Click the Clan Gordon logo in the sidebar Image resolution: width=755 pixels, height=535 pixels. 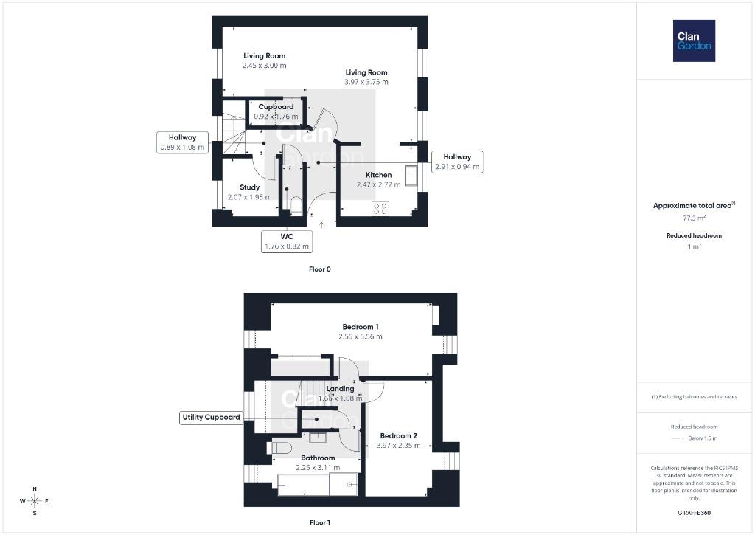click(x=694, y=41)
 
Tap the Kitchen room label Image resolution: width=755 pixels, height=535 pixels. click(x=378, y=175)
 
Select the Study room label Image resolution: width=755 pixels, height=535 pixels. click(x=249, y=187)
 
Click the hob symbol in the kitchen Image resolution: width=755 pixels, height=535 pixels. click(x=380, y=209)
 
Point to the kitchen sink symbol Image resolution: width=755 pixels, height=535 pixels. click(x=411, y=176)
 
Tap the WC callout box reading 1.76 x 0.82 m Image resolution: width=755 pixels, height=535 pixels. click(x=287, y=241)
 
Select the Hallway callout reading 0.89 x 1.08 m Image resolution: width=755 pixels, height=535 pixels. click(x=183, y=142)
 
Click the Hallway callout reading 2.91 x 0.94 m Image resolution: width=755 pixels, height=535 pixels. click(x=457, y=162)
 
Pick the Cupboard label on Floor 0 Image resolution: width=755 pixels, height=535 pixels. click(x=276, y=107)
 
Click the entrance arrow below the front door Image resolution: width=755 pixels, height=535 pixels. click(x=321, y=224)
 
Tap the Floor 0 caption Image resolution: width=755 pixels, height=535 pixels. click(x=320, y=269)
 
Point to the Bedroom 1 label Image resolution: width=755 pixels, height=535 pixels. click(x=361, y=327)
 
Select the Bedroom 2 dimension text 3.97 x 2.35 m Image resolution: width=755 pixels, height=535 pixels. click(x=399, y=446)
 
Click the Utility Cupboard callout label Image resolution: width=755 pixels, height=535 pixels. click(x=211, y=418)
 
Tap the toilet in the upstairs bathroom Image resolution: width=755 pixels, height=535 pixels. click(x=281, y=448)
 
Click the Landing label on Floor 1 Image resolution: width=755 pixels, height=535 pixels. click(x=340, y=389)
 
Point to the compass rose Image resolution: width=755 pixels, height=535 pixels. click(x=35, y=501)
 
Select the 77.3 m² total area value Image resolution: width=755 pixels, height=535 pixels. click(x=695, y=218)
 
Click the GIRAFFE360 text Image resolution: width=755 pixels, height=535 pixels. click(x=694, y=513)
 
